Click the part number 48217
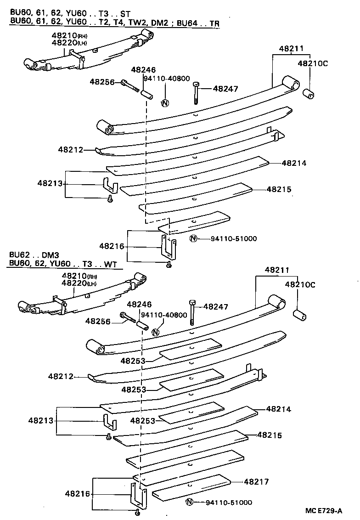point(256,482)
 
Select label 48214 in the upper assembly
point(294,163)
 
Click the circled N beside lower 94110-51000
point(189,502)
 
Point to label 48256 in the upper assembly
point(102,82)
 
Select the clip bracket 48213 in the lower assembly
point(109,421)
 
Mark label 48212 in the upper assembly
point(71,149)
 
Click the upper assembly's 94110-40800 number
point(166,79)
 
